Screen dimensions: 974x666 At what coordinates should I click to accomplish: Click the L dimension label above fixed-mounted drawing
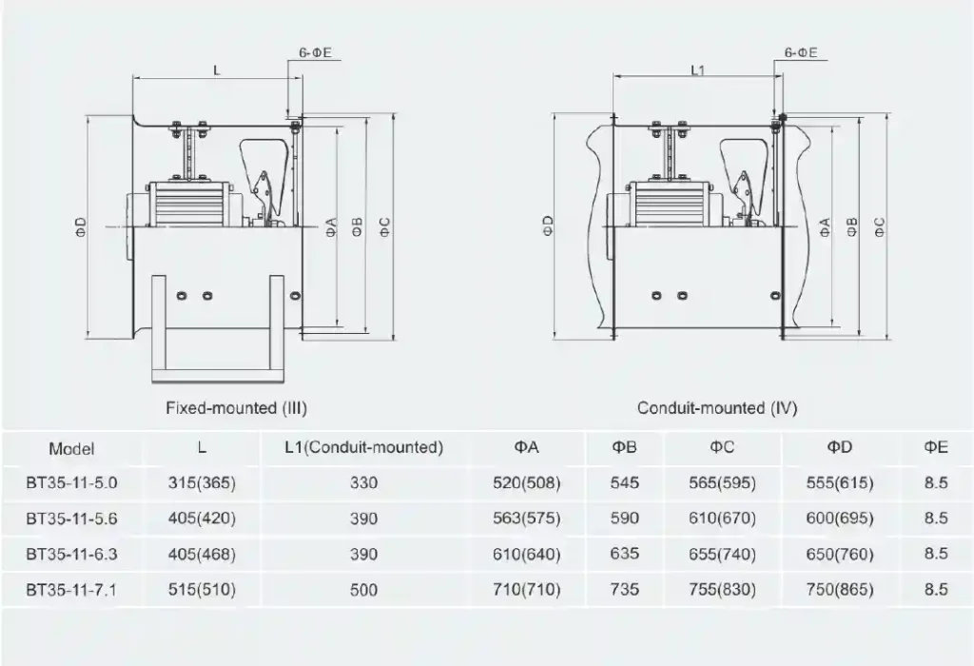point(217,70)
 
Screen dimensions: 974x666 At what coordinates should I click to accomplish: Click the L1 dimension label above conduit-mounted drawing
point(698,70)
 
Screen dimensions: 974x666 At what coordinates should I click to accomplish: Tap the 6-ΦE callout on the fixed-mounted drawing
point(316,53)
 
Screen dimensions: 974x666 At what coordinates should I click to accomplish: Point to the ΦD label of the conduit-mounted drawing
point(548,226)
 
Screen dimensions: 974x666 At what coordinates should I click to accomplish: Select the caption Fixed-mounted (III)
point(237,408)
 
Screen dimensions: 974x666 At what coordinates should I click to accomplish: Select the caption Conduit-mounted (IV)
point(717,408)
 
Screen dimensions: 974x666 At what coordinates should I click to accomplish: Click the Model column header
point(72,448)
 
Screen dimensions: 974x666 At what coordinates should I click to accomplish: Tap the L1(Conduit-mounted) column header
point(364,447)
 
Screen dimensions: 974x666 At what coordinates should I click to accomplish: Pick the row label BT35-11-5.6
point(71,519)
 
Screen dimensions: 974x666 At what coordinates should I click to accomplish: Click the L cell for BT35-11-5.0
point(202,482)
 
